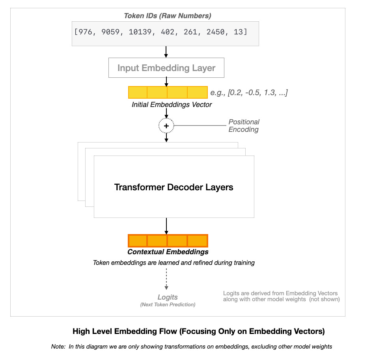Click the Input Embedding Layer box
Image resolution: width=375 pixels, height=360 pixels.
[x=166, y=68]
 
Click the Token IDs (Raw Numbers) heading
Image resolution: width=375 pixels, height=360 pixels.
[x=167, y=16]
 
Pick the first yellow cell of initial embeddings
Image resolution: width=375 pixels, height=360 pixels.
[x=138, y=92]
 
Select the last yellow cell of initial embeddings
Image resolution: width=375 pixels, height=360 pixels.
[x=197, y=92]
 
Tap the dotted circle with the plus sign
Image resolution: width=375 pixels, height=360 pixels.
[x=166, y=126]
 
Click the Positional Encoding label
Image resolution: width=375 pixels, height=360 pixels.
[x=244, y=126]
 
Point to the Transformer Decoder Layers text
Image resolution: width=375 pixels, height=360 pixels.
[x=174, y=187]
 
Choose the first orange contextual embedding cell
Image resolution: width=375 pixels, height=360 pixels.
[x=138, y=240]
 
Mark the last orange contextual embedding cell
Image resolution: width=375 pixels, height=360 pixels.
[x=198, y=240]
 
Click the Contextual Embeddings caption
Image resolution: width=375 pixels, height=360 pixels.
[x=168, y=252]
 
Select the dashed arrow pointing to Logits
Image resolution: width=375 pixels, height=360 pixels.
[x=166, y=279]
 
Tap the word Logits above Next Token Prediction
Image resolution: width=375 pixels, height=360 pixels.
[x=168, y=297]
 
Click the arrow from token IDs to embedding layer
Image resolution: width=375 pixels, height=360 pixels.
[x=166, y=52]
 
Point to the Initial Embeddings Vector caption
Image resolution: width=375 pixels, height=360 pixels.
[x=172, y=105]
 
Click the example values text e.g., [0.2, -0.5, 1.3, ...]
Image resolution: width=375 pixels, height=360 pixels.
[x=249, y=93]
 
